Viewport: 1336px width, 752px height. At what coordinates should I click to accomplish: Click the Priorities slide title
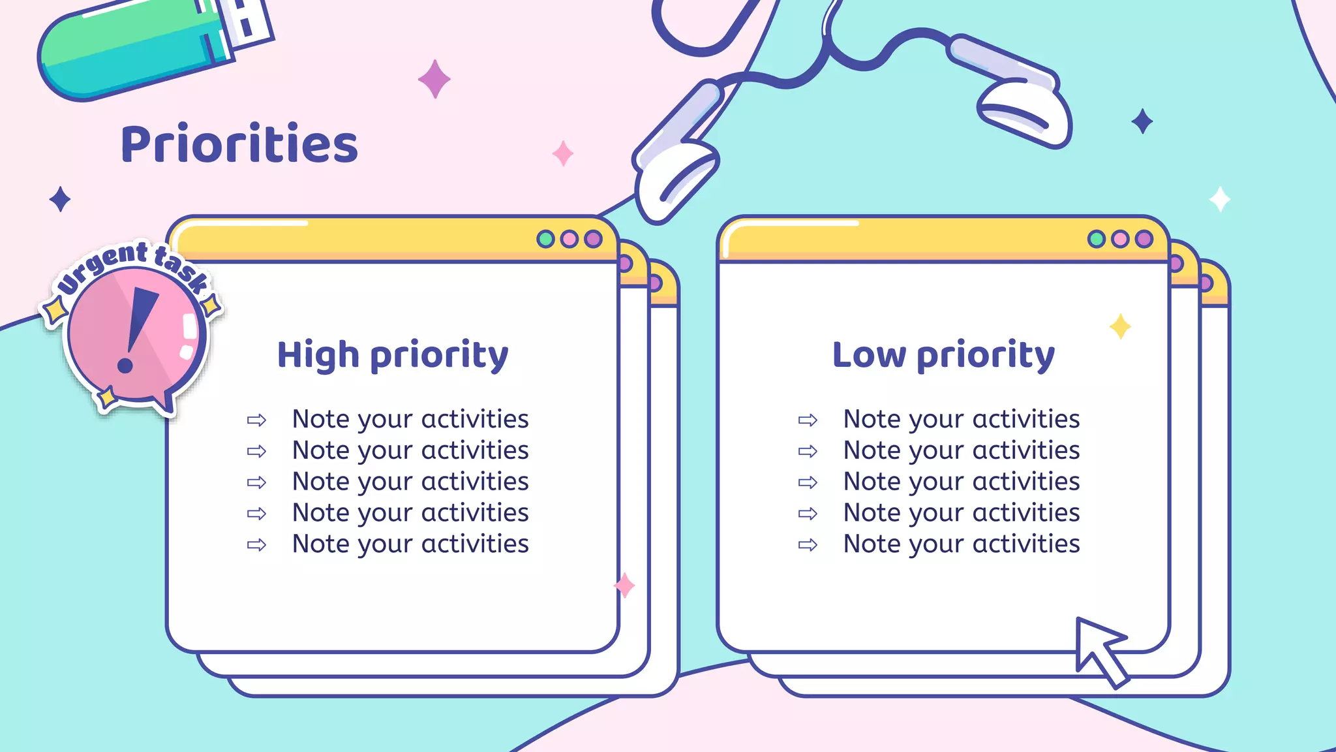[x=239, y=144]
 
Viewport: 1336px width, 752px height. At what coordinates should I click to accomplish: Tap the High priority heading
[x=393, y=356]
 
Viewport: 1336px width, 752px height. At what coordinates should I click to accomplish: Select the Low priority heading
[x=943, y=356]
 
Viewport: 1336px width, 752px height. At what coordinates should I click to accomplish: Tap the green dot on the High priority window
[x=545, y=239]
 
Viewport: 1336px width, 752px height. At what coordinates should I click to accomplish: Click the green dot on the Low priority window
[x=1097, y=239]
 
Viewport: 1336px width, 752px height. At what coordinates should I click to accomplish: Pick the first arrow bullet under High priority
[x=256, y=420]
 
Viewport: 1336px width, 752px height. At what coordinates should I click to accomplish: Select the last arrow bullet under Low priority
[x=808, y=545]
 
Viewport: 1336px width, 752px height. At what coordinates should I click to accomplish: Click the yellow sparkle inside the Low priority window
[x=1120, y=326]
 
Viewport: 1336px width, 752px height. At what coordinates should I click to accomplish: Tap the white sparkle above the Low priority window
[x=1219, y=199]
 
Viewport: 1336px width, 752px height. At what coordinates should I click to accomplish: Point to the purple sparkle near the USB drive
[x=434, y=79]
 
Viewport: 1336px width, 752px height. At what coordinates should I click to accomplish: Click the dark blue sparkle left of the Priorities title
[x=60, y=199]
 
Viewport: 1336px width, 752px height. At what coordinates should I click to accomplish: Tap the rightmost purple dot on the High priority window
[x=593, y=239]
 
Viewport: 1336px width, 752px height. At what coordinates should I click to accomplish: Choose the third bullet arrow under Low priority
[x=808, y=482]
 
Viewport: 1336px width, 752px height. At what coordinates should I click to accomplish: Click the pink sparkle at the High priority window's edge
[x=624, y=585]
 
